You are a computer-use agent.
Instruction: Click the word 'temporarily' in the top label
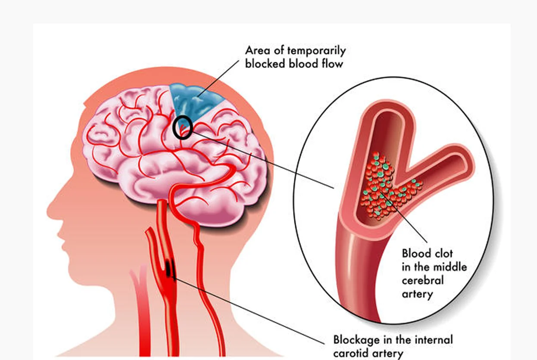[317, 51]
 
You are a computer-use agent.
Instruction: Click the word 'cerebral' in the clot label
[423, 280]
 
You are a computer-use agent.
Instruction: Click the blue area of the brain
[195, 101]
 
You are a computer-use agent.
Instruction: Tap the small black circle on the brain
[183, 127]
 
